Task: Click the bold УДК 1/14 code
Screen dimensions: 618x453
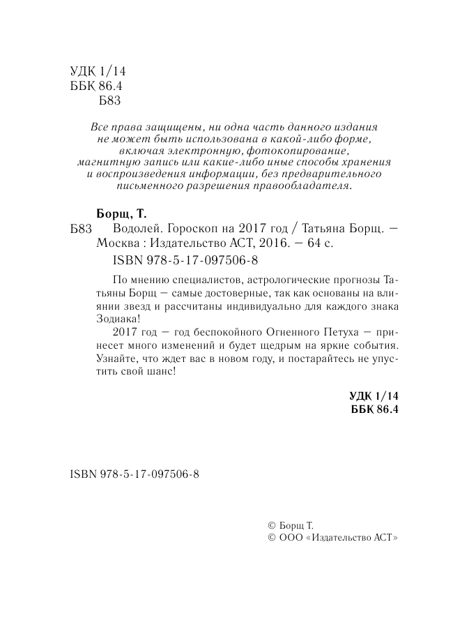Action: [373, 396]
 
